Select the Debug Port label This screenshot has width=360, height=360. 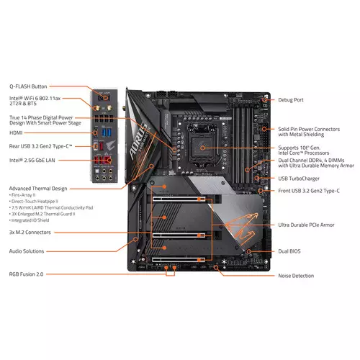click(x=291, y=100)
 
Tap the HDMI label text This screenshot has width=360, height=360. click(x=16, y=132)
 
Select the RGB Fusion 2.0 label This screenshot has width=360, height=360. click(x=26, y=274)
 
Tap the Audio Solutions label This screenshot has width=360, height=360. click(x=27, y=251)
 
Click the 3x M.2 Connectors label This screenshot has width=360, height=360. click(x=30, y=233)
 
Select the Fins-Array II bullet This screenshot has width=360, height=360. click(x=24, y=194)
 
